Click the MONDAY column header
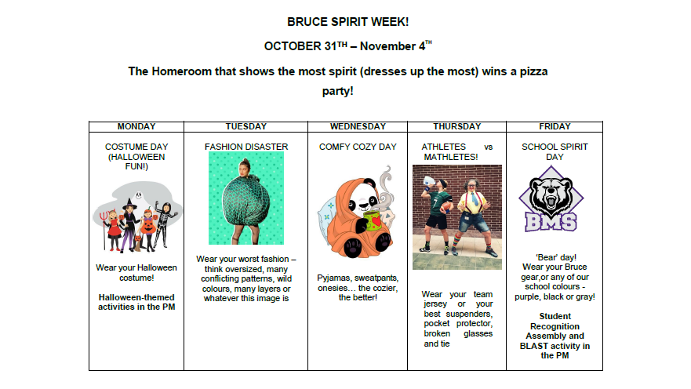(136, 126)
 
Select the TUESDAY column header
(246, 126)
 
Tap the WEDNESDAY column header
(358, 126)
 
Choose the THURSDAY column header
(457, 126)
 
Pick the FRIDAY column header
(555, 126)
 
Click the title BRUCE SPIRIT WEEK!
(348, 22)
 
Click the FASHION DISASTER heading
(246, 147)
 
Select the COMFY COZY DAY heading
(358, 147)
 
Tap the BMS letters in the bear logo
(551, 222)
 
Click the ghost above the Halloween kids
(138, 195)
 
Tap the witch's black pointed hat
(129, 204)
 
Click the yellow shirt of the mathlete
(472, 202)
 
